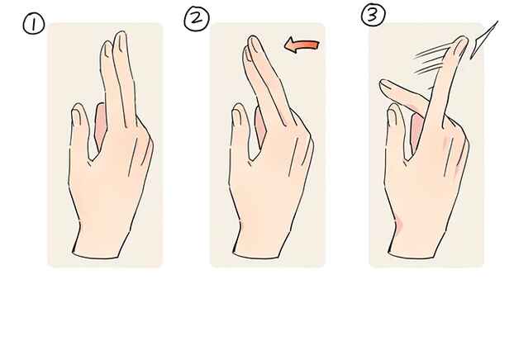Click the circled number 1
(33, 26)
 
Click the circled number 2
(197, 19)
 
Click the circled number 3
(373, 15)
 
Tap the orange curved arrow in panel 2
(302, 45)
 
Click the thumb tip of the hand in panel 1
(78, 111)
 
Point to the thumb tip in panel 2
(238, 111)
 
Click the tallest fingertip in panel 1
(121, 36)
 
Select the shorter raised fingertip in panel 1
(107, 46)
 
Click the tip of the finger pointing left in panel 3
(384, 84)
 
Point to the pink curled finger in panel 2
(260, 127)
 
